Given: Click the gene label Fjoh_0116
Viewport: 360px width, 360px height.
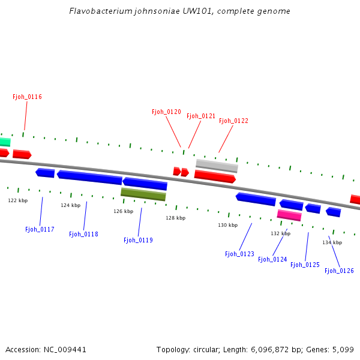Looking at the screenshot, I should pos(27,97).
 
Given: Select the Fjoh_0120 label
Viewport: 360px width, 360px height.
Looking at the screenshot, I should pos(166,112).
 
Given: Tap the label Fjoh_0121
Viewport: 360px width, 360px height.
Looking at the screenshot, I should pos(201,116).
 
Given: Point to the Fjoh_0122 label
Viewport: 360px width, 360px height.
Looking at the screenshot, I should pos(233,121).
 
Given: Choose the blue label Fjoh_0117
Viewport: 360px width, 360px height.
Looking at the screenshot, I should pos(40,229).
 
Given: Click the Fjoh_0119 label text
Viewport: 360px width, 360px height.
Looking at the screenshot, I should pos(138,240).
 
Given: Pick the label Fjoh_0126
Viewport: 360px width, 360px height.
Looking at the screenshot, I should pos(339,271).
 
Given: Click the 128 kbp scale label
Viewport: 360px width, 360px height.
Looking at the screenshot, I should pos(175,218).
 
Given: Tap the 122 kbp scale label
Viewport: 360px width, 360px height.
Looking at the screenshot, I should pos(17,200).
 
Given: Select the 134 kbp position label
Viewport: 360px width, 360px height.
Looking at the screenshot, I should pos(332,242).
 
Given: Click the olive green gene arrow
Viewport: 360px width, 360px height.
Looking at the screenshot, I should pos(143,194).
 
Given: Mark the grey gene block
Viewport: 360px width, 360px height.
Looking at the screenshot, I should pos(217,165).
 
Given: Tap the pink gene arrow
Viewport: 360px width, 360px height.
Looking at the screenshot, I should pos(289,215).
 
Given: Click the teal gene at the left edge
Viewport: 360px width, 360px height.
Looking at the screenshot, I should pos(5,142).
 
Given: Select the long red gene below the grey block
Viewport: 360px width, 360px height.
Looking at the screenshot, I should pos(215,176).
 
